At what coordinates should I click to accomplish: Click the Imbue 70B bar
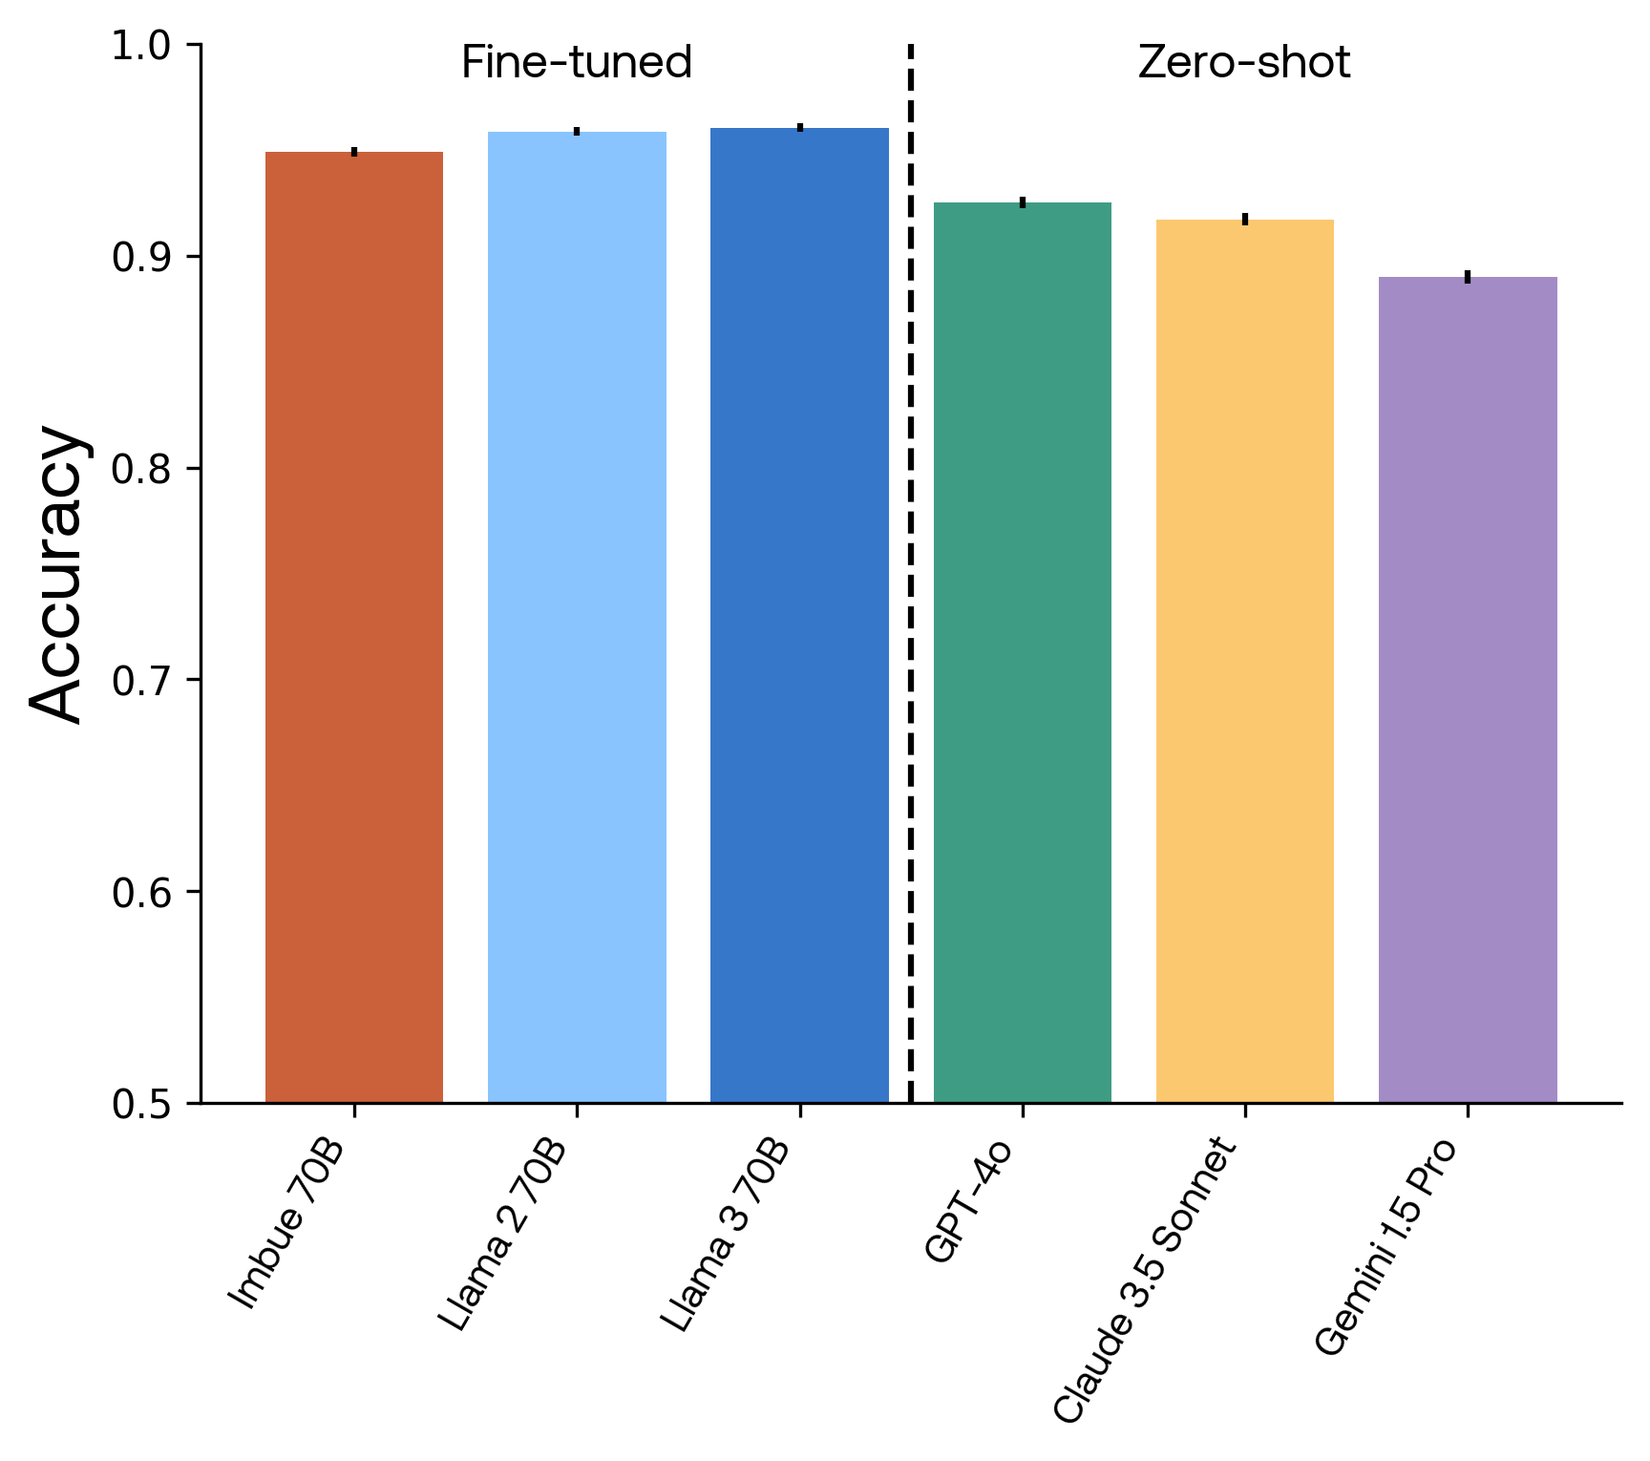354,626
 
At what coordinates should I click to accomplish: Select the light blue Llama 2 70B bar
577,617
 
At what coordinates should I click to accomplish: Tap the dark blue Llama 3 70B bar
799,615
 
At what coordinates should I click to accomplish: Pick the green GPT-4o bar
1022,652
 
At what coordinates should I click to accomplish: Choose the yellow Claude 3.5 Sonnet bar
1244,661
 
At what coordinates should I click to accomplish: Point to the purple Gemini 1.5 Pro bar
1468,689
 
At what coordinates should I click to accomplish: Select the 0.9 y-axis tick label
139,258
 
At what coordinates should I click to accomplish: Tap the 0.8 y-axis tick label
139,470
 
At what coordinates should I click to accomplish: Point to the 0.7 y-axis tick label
139,681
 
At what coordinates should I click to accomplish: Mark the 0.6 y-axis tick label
139,893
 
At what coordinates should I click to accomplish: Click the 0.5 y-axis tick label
139,1105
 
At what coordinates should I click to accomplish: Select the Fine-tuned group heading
576,63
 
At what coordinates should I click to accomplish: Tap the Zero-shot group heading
1243,63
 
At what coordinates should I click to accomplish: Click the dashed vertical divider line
910,573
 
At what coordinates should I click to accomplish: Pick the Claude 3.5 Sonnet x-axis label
1146,1280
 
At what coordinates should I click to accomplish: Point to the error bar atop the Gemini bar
1468,277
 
